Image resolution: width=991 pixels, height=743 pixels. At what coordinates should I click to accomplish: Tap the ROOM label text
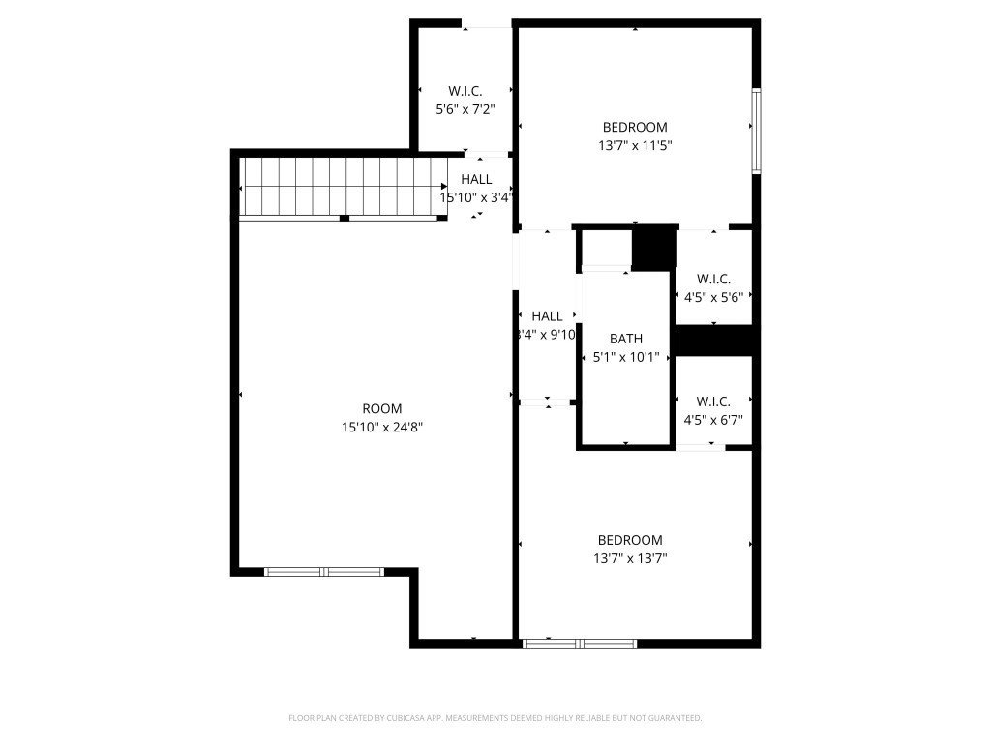coord(381,409)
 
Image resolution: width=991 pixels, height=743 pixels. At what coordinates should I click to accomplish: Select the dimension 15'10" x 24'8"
coord(381,427)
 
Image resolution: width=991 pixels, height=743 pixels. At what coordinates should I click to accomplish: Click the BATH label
coord(625,339)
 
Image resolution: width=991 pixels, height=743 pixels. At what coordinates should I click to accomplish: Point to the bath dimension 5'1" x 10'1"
coord(625,357)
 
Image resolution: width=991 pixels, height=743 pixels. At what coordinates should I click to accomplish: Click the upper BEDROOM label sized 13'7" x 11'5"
coord(635,127)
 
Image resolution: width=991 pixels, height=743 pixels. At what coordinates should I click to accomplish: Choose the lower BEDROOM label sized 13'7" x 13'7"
coord(630,540)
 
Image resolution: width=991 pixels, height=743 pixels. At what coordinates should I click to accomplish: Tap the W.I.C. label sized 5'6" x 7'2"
coord(465,91)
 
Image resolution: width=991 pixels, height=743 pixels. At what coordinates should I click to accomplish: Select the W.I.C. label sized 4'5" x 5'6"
coord(713,279)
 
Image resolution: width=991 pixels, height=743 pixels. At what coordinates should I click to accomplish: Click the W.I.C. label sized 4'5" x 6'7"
coord(713,401)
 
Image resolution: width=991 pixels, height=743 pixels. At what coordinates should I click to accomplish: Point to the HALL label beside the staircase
coord(476,179)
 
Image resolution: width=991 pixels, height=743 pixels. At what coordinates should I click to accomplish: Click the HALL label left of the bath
coord(547,316)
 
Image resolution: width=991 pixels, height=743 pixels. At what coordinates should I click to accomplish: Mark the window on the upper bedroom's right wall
coord(757,131)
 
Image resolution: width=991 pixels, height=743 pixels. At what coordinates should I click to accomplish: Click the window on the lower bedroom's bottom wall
coord(579,643)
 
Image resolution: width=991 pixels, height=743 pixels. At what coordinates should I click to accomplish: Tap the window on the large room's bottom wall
coord(325,572)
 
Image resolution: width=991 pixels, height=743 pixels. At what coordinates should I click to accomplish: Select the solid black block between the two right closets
coord(714,341)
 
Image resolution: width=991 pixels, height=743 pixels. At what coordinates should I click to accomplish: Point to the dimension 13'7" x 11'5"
coord(635,145)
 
